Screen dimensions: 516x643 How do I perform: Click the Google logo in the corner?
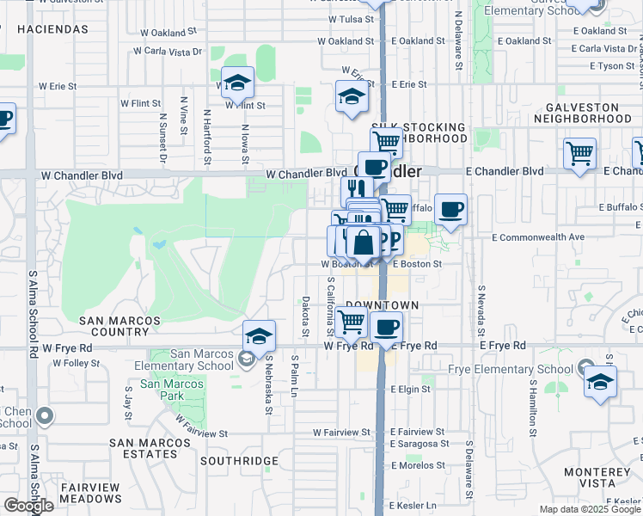(28, 506)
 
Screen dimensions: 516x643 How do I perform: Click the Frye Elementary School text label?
(511, 370)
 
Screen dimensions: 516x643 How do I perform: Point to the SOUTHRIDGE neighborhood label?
(239, 461)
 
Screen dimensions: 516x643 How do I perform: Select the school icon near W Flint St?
(238, 83)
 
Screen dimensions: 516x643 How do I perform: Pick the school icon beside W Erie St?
(352, 97)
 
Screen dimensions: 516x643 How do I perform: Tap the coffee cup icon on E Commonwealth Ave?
(451, 209)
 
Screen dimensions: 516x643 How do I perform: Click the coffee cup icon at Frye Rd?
(387, 327)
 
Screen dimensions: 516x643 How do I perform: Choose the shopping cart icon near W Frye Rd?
(351, 322)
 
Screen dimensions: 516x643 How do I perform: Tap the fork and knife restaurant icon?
(357, 189)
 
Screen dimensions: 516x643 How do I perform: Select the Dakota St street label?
(305, 316)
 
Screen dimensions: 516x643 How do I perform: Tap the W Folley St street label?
(76, 364)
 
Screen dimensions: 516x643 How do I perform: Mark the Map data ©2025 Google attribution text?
(589, 509)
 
